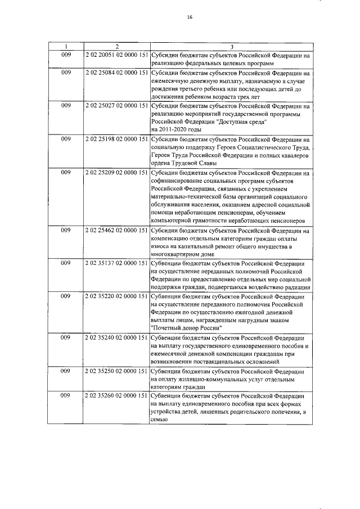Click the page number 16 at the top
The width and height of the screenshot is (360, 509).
(190, 17)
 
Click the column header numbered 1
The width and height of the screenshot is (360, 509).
(66, 46)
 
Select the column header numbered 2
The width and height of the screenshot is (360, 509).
(116, 46)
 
